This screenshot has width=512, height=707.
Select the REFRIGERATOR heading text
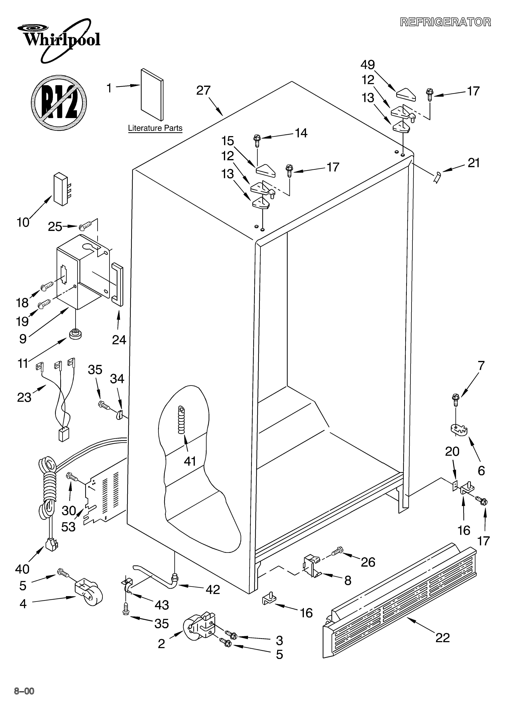(445, 22)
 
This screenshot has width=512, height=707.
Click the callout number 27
(203, 90)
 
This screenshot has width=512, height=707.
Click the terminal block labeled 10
(61, 189)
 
